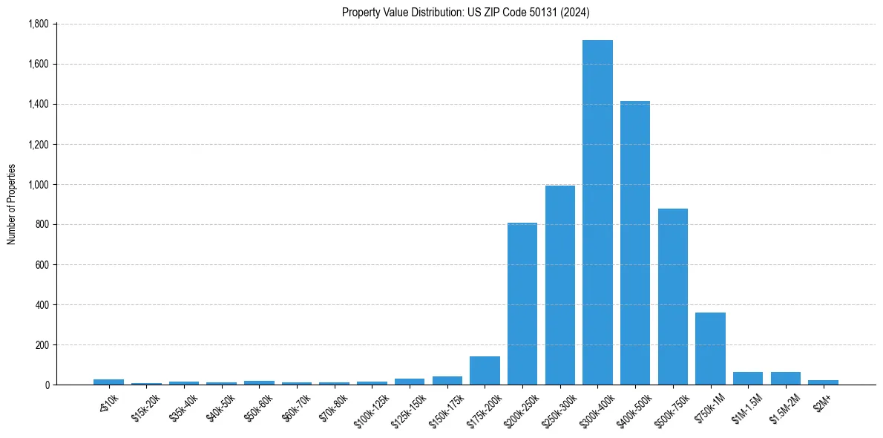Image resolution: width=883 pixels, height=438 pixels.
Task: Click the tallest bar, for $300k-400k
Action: coord(597,212)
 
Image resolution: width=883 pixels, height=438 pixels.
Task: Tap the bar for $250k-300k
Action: coord(560,285)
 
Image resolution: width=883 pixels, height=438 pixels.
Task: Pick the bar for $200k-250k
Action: coord(522,304)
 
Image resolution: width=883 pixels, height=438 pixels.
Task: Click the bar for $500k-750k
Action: coord(673,296)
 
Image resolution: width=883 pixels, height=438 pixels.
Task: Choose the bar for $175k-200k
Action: coord(485,370)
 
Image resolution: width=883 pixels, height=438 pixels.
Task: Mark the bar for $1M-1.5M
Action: coord(748,379)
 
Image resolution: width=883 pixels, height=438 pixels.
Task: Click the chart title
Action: coord(466,12)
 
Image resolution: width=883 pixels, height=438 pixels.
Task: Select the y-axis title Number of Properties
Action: coord(11,204)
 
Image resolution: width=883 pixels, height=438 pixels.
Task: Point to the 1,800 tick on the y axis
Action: coord(38,24)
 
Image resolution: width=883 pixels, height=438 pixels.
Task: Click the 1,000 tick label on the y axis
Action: coord(38,184)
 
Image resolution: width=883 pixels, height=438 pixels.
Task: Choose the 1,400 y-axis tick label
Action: coord(38,104)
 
